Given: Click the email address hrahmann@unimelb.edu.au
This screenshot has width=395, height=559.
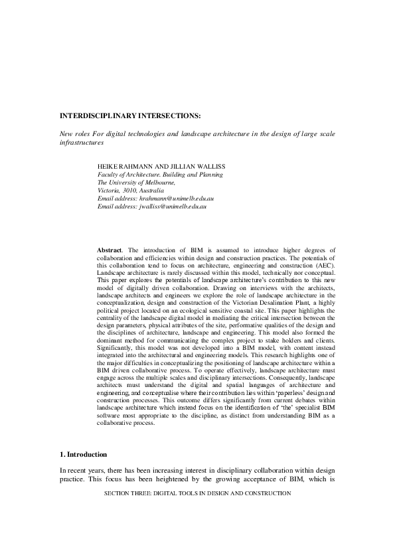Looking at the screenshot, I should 176,198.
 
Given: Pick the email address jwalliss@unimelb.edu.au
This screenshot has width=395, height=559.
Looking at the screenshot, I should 173,206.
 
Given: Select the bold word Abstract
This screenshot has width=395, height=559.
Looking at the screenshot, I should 110,249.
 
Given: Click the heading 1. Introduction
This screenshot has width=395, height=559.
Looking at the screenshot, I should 83,455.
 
